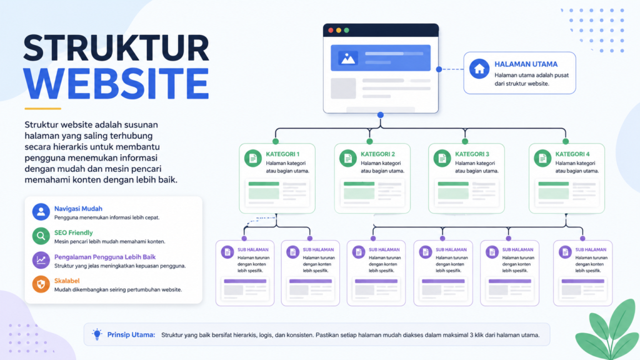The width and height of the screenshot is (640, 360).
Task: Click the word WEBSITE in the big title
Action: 116,83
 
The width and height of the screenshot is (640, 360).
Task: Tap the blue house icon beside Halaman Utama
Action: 479,69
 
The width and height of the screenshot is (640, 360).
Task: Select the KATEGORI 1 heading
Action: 282,154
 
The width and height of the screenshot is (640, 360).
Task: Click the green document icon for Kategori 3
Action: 442,158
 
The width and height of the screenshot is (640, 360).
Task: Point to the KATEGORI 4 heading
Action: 572,154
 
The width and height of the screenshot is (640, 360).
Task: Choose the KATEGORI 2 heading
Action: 377,154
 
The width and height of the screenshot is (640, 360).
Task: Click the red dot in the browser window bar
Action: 331,30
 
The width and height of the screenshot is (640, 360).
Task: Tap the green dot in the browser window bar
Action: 346,30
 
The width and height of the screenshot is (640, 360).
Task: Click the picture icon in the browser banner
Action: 347,58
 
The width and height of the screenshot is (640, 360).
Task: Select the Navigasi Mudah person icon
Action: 41,212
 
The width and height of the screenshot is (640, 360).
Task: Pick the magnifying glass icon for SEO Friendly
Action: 41,236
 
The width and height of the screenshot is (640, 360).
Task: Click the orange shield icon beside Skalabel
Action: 41,284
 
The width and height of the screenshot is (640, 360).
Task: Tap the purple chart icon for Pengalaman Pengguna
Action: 41,260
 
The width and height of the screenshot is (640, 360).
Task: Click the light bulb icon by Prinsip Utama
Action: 97,334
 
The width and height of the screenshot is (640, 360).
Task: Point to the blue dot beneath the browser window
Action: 381,115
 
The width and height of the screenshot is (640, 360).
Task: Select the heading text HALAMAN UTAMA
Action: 526,64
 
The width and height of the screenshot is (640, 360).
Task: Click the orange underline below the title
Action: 43,109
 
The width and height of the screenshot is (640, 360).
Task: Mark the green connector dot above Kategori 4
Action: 565,141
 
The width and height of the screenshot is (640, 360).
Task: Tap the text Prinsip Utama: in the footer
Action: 131,335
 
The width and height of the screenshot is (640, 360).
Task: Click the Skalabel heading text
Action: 67,281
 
